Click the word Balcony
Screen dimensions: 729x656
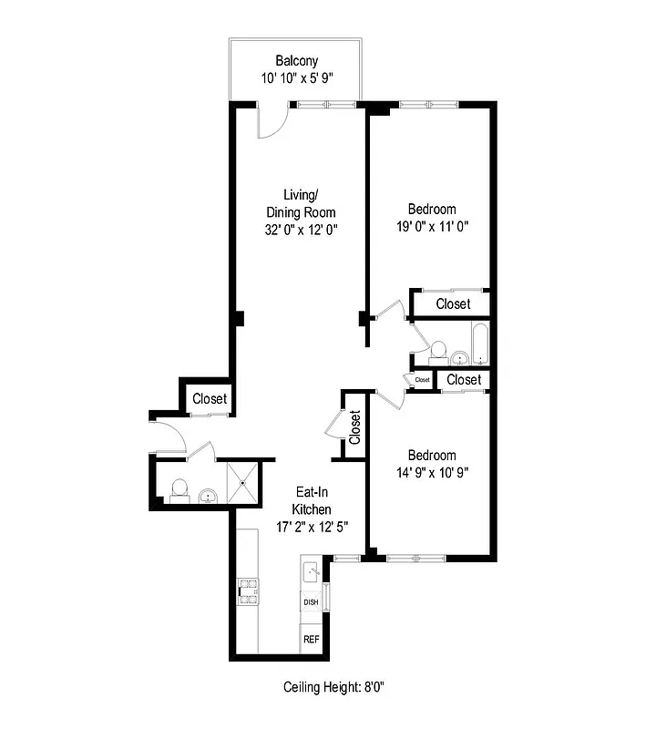296,62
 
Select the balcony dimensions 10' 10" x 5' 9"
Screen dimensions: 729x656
296,78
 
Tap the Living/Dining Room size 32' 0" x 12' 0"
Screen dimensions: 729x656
301,230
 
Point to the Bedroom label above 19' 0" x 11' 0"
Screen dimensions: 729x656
432,209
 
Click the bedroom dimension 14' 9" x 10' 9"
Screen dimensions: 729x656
432,472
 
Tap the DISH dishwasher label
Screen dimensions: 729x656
311,602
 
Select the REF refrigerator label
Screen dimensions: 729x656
311,639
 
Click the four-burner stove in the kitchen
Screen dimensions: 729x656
248,593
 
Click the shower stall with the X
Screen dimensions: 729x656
243,481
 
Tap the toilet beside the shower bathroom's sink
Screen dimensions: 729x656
179,488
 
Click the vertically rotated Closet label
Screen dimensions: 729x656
354,426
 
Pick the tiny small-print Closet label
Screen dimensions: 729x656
422,379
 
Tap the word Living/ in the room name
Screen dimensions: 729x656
301,195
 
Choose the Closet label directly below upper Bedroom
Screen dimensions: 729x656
453,303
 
